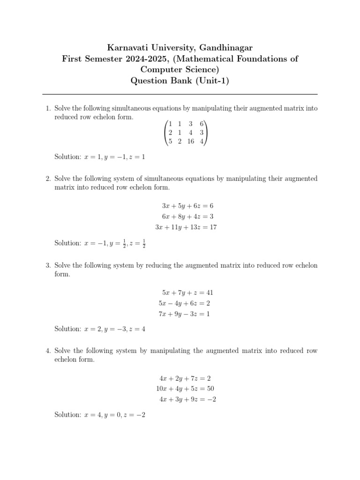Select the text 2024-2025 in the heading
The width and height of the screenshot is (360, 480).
pos(135,59)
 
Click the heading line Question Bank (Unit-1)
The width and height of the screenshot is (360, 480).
pos(180,81)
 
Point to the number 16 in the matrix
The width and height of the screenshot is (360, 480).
pos(190,142)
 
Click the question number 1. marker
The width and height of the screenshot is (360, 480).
pos(48,108)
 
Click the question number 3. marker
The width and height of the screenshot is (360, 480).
pos(48,265)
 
